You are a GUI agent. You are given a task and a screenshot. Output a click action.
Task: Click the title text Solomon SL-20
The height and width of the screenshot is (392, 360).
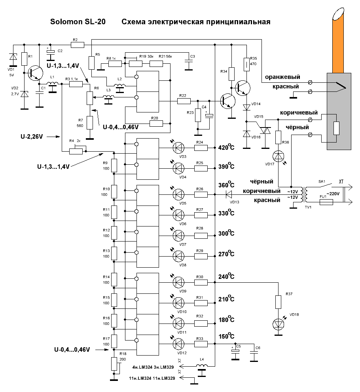coord(78,22)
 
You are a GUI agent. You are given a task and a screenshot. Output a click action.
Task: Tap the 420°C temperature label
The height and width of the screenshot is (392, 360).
coord(226,148)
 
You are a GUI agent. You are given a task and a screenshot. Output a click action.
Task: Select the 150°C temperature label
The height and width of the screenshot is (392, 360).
coord(226,337)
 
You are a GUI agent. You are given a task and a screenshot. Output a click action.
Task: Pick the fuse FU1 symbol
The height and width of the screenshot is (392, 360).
coord(326,202)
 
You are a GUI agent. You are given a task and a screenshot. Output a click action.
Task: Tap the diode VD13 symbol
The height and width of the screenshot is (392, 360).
coord(229,194)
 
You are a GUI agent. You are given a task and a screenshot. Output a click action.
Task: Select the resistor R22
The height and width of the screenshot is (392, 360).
coord(184,101)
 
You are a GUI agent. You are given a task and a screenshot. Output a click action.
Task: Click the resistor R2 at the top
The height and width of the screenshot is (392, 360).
coord(78,45)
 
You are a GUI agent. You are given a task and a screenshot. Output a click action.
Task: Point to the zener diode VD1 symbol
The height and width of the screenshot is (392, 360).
coord(13,58)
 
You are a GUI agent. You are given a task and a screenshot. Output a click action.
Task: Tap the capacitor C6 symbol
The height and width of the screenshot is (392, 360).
coord(253,354)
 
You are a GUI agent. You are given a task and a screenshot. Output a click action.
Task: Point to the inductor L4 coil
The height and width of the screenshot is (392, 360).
coord(202,365)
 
